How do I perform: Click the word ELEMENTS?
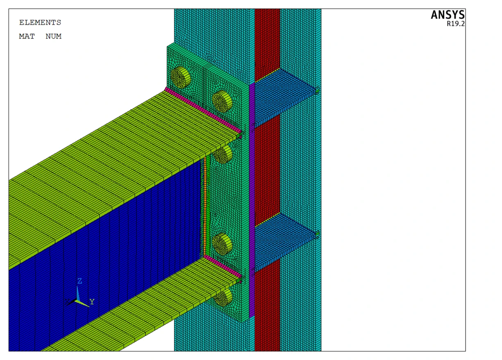pyautogui.click(x=40, y=23)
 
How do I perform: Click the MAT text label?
pyautogui.click(x=27, y=36)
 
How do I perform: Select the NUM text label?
pyautogui.click(x=54, y=36)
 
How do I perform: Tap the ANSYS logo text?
pyautogui.click(x=447, y=15)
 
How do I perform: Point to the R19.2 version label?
pyautogui.click(x=456, y=24)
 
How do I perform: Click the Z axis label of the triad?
pyautogui.click(x=80, y=281)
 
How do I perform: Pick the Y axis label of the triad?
pyautogui.click(x=92, y=302)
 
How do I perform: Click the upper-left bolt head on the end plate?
pyautogui.click(x=181, y=77)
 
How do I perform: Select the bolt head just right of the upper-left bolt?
pyautogui.click(x=222, y=101)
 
